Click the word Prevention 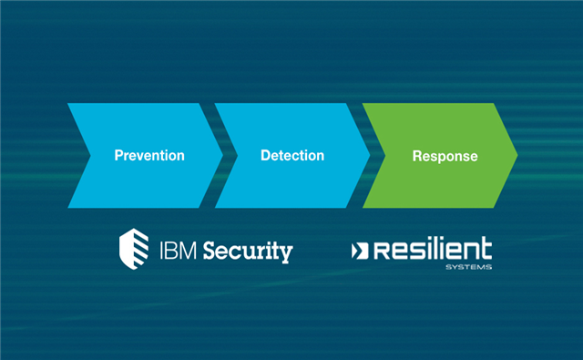(149, 156)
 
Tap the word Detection (291, 156)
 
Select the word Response (445, 157)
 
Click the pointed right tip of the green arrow (517, 156)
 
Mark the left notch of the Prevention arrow (89, 156)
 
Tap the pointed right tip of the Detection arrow (369, 156)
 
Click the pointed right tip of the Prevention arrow (221, 156)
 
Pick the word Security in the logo (247, 250)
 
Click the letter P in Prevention (118, 156)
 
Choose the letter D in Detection (265, 156)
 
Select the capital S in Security (209, 249)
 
